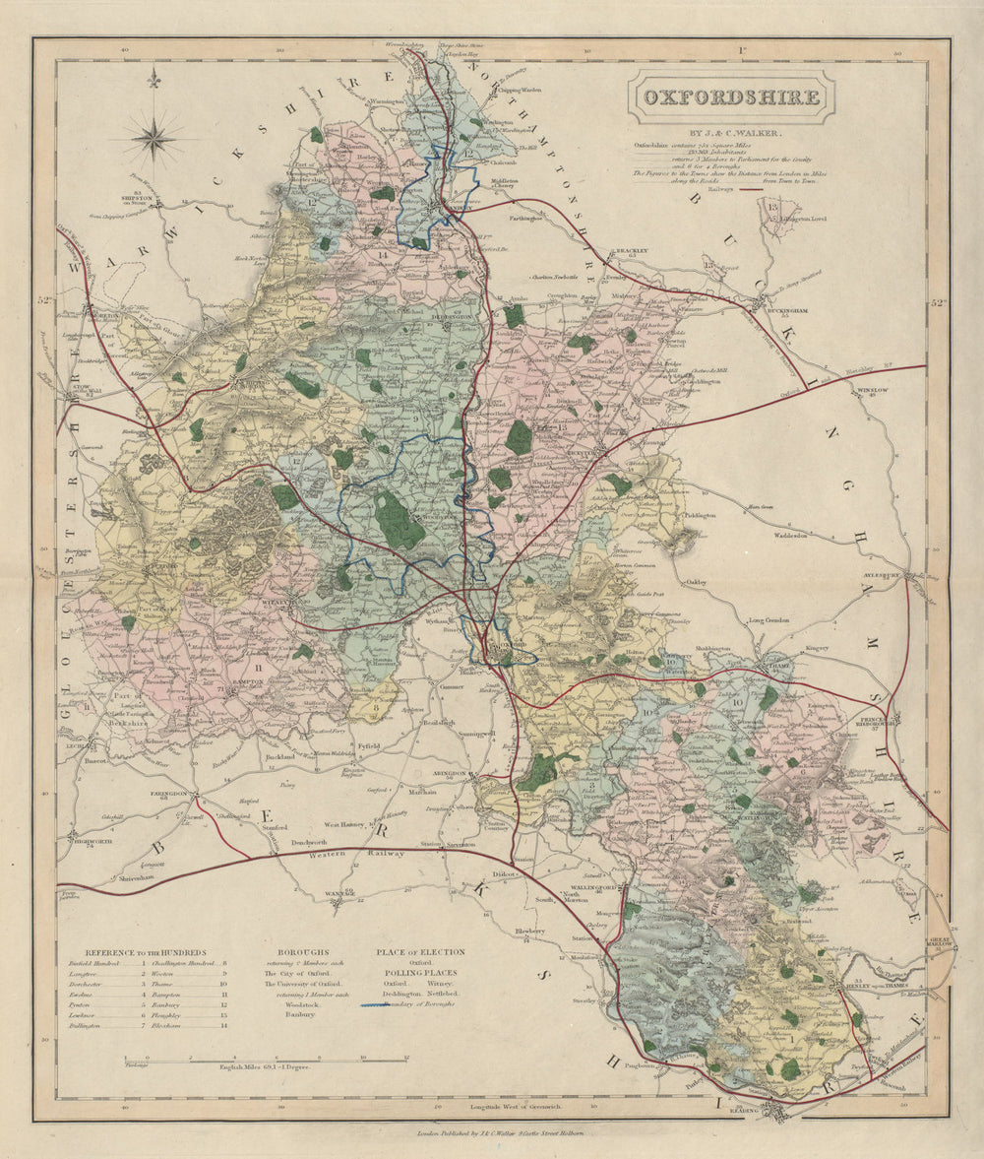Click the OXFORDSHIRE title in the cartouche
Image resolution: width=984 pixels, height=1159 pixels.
point(731,97)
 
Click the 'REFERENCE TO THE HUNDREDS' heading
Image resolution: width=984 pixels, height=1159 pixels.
point(145,952)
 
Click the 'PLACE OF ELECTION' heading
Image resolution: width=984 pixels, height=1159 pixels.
point(419,952)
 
